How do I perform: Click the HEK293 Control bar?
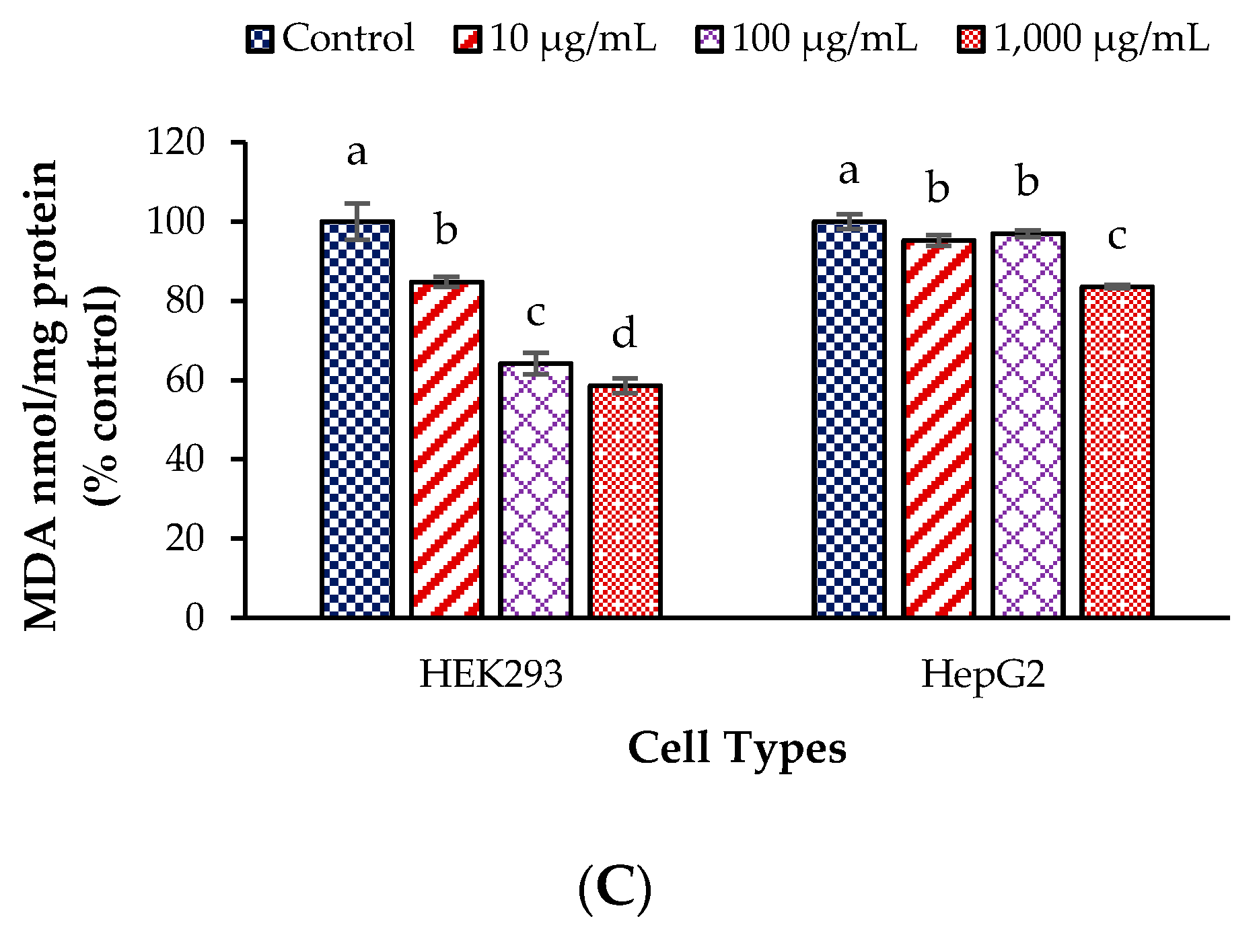357,418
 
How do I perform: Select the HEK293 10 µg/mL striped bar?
447,449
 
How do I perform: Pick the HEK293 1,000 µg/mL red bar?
625,501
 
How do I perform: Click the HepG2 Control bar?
849,418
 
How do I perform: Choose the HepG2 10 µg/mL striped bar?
939,428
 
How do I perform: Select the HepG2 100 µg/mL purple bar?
1028,424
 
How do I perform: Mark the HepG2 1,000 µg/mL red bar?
1117,451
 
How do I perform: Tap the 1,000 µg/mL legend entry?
1083,38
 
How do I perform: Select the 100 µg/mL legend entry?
807,38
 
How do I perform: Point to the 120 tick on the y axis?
176,143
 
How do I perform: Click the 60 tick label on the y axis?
185,380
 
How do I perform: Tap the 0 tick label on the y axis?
194,618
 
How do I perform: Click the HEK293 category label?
491,674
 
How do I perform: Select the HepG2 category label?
983,674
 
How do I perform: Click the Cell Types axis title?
737,748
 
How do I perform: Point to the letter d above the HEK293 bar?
624,334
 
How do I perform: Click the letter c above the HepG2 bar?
1117,236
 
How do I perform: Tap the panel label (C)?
614,889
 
